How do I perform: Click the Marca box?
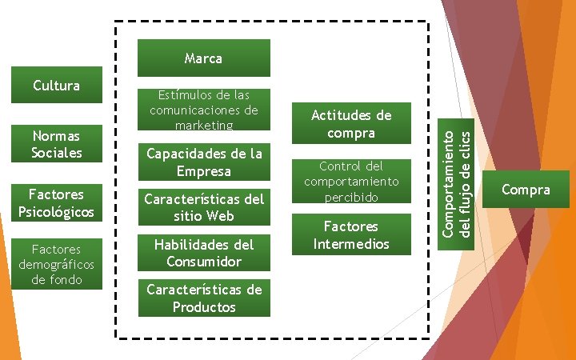coord(203,58)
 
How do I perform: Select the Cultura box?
coord(56,85)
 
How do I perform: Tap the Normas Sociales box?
coord(56,144)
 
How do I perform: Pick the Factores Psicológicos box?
coord(56,202)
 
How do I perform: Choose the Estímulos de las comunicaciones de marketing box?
coord(203,110)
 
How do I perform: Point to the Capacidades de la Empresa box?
coord(203,162)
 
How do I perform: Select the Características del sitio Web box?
coord(203,207)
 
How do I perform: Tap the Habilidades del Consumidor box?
coord(203,253)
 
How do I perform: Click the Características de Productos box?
coord(203,298)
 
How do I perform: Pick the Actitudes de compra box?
coord(351,124)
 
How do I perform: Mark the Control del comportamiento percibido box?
coord(351,181)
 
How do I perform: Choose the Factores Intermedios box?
coord(351,234)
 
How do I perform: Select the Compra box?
coord(526,190)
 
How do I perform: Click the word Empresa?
coord(204,171)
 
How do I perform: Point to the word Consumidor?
coord(204,262)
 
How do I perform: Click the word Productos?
coord(204,307)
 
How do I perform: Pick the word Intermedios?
coord(351,243)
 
